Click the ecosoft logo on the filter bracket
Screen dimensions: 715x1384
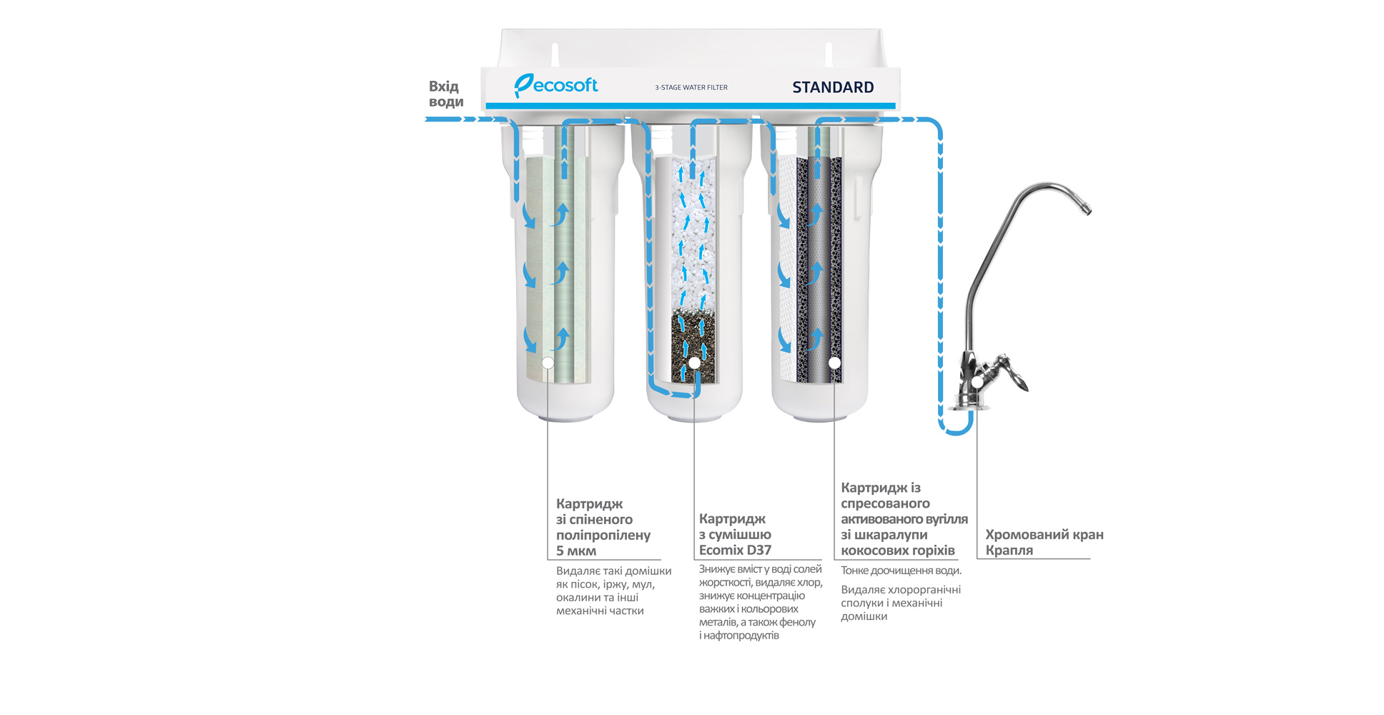pyautogui.click(x=556, y=86)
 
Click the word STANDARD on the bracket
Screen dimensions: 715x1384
pyautogui.click(x=833, y=87)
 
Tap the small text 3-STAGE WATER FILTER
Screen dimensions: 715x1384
pyautogui.click(x=691, y=87)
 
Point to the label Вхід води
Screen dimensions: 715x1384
pyautogui.click(x=446, y=94)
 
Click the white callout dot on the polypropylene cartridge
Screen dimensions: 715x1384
pyautogui.click(x=548, y=363)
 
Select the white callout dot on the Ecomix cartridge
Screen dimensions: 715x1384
pyautogui.click(x=694, y=363)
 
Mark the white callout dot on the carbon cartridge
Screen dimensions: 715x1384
pyautogui.click(x=834, y=363)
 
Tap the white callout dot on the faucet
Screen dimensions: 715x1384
pyautogui.click(x=977, y=383)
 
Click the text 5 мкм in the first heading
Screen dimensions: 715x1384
pyautogui.click(x=576, y=551)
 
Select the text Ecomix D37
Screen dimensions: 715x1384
pyautogui.click(x=735, y=551)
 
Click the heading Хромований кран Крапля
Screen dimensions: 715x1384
pyautogui.click(x=1044, y=542)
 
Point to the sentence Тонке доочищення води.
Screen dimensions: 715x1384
pyautogui.click(x=901, y=571)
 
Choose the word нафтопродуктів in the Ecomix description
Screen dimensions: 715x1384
pyautogui.click(x=741, y=635)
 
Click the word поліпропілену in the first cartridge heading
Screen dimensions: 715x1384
pyautogui.click(x=603, y=535)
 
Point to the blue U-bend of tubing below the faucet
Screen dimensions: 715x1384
pyautogui.click(x=956, y=429)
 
